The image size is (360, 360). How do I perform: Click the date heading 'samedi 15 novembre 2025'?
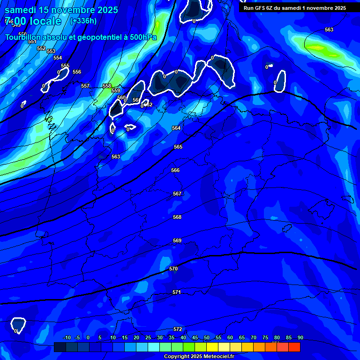(x=61, y=10)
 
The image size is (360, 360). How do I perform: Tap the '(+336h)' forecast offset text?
(x=83, y=21)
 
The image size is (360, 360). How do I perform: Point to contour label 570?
(x=173, y=269)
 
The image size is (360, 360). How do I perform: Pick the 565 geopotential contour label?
(x=178, y=147)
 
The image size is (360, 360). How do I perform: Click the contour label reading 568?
(x=177, y=217)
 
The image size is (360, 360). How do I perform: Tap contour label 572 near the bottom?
(x=178, y=329)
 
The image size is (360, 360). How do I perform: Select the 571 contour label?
(x=177, y=292)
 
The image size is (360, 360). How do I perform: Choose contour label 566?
(x=175, y=170)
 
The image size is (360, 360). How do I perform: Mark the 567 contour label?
(x=177, y=194)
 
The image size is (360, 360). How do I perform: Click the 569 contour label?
(x=177, y=240)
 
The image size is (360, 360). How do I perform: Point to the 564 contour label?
(x=176, y=128)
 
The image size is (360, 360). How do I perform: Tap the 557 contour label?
(x=85, y=86)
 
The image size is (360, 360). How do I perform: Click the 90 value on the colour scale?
(x=300, y=337)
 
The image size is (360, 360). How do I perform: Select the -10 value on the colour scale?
(x=67, y=337)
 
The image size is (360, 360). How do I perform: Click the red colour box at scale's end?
(x=294, y=347)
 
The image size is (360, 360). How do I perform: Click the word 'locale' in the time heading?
(x=44, y=21)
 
